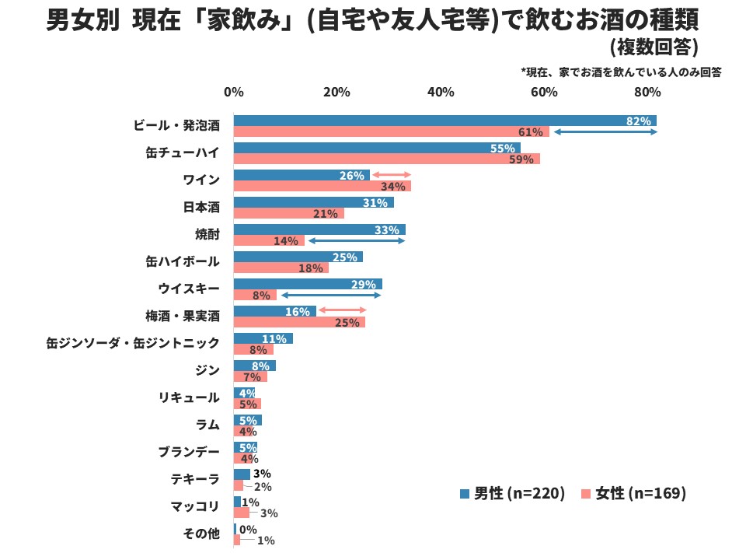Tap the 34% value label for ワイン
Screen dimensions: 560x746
tap(392, 187)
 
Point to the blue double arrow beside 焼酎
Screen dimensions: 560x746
tap(357, 241)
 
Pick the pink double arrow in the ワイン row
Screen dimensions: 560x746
tap(391, 175)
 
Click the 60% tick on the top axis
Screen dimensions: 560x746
tap(544, 92)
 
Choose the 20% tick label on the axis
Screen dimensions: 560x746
tap(336, 92)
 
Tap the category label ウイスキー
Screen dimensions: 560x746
tap(189, 289)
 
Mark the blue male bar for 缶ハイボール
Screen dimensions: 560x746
tap(298, 257)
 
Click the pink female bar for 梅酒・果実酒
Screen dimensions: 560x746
tap(299, 322)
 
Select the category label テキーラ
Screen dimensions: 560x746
tap(195, 479)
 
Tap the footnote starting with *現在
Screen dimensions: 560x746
tap(622, 72)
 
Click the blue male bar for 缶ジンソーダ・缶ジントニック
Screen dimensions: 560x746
tap(263, 338)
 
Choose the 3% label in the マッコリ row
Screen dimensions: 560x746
tap(268, 513)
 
